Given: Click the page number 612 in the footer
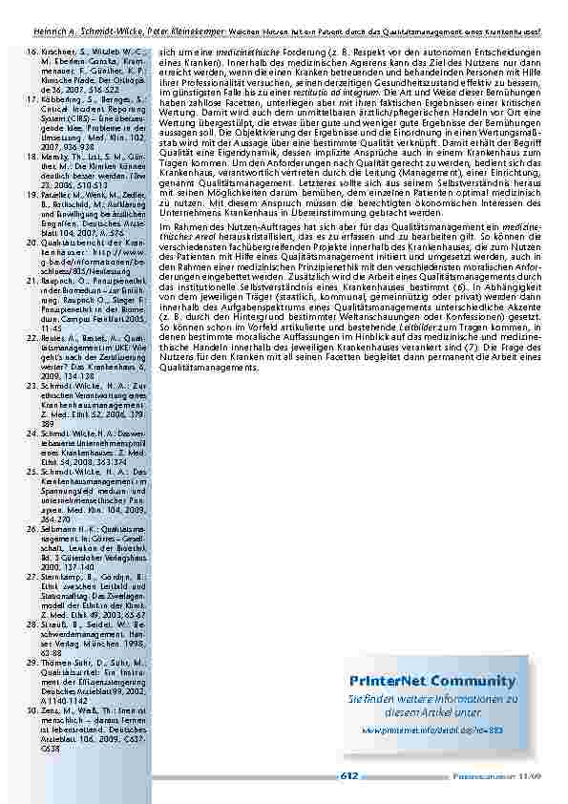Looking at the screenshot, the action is pos(348,775).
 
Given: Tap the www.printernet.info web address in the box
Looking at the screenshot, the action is pos(431,730).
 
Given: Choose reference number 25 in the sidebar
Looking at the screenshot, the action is pos(29,471).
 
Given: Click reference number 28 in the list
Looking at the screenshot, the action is pos(29,624).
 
